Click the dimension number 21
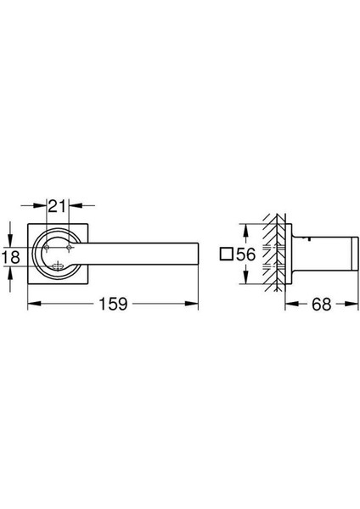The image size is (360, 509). point(57,206)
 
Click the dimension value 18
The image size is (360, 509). point(10,257)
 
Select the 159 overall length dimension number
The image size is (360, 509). point(113,304)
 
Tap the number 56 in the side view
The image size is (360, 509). point(246,255)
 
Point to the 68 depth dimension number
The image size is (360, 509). point(321,305)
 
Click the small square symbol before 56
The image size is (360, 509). point(227,254)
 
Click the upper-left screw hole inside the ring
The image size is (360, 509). point(47,248)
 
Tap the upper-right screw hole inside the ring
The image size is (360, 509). point(69,248)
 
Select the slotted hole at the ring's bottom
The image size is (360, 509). point(58,266)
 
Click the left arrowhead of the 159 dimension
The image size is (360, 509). point(34,304)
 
